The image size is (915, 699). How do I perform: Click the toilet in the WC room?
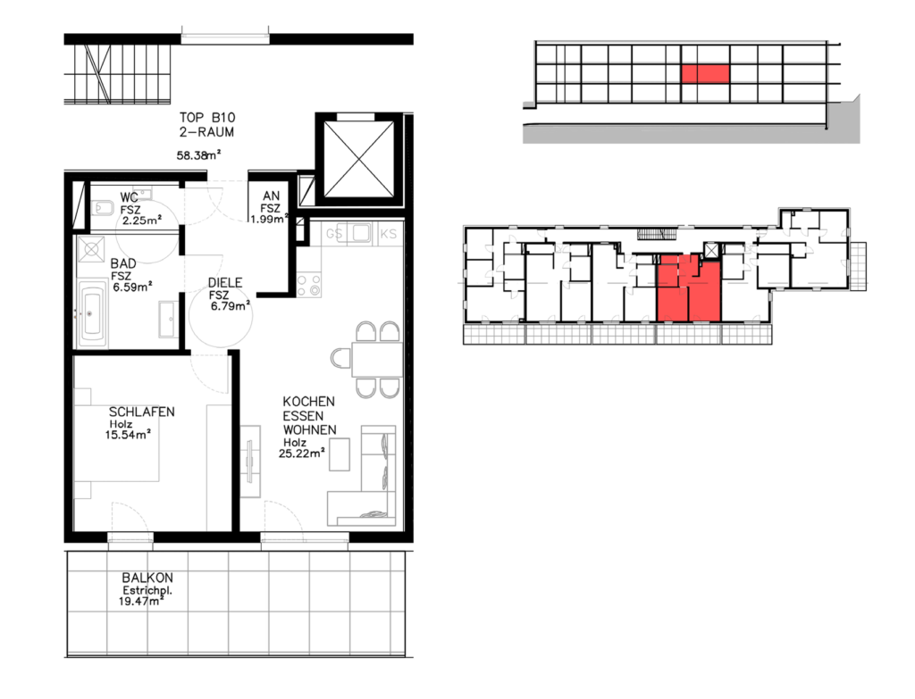pyautogui.click(x=103, y=207)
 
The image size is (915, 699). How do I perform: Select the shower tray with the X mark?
pyautogui.click(x=92, y=250)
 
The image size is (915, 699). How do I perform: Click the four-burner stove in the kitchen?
pyautogui.click(x=308, y=285)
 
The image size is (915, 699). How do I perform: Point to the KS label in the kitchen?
pyautogui.click(x=388, y=234)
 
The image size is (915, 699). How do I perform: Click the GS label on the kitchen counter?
pyautogui.click(x=334, y=234)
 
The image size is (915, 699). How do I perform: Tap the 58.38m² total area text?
pyautogui.click(x=198, y=155)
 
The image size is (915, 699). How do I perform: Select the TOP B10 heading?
pyautogui.click(x=207, y=117)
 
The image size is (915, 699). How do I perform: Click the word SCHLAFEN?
pyautogui.click(x=142, y=412)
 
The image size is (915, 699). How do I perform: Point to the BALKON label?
pyautogui.click(x=147, y=578)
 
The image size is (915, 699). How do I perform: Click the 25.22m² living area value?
pyautogui.click(x=302, y=453)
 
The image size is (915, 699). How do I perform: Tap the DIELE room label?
pyautogui.click(x=225, y=283)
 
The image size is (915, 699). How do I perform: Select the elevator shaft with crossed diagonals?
pyautogui.click(x=358, y=159)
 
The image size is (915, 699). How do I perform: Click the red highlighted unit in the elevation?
pyautogui.click(x=706, y=73)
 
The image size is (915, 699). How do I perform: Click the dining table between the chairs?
pyautogui.click(x=376, y=360)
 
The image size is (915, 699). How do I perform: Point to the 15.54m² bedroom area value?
pyautogui.click(x=129, y=435)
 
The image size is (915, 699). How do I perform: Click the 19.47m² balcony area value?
pyautogui.click(x=141, y=601)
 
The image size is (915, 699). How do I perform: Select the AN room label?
pyautogui.click(x=272, y=196)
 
